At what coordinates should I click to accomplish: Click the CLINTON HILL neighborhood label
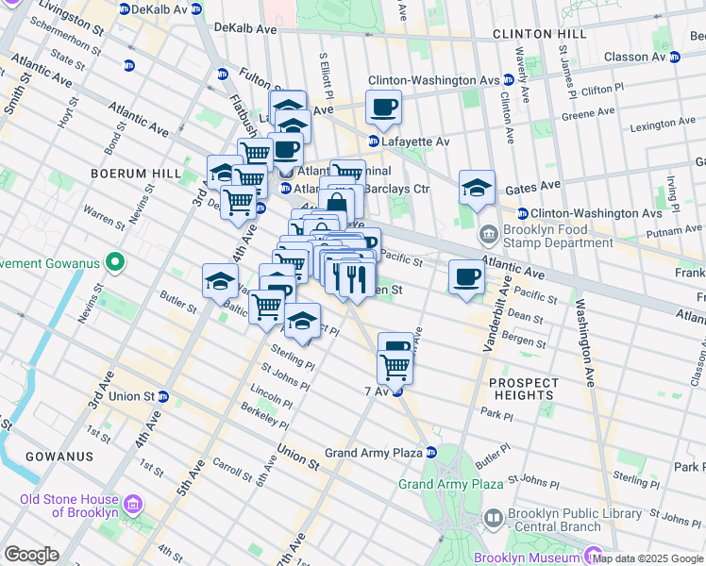point(539,34)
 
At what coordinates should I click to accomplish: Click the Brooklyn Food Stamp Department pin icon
point(489,233)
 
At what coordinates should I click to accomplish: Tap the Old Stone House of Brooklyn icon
point(132,505)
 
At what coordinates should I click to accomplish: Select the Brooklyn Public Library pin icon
point(492,517)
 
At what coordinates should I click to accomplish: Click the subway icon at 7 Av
point(397,391)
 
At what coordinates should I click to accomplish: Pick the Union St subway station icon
point(163,396)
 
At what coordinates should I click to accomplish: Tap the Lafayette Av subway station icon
point(374,141)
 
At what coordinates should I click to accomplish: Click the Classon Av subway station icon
point(675,57)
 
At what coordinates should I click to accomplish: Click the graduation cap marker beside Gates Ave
point(478,187)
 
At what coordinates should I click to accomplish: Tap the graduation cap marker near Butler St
point(220,279)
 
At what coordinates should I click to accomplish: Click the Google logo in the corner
point(31,555)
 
